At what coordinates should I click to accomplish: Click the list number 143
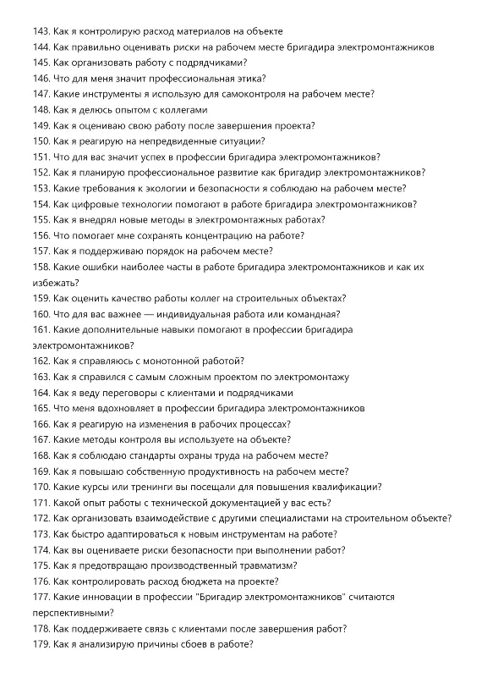[x=41, y=31]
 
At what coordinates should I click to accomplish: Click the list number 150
[x=41, y=141]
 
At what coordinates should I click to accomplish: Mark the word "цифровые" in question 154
[x=91, y=204]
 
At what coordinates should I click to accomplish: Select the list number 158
[x=41, y=267]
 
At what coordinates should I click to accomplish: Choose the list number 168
[x=41, y=455]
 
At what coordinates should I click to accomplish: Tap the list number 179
[x=41, y=644]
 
